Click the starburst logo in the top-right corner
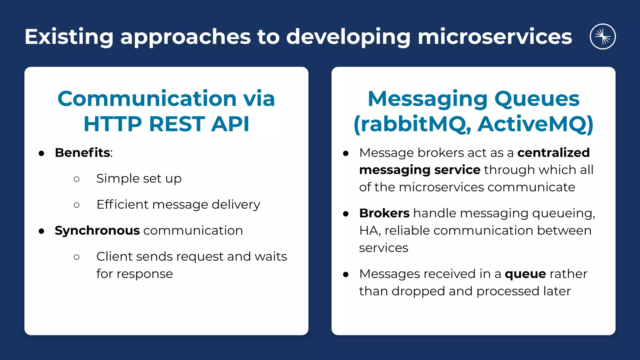tap(602, 37)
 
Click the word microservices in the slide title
tap(494, 37)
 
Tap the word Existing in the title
tap(69, 37)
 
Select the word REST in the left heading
tap(177, 124)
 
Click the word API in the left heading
tap(230, 124)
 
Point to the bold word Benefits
tap(82, 153)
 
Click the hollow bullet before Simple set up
tap(77, 179)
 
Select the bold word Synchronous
tap(97, 231)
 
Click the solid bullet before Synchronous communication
tap(42, 231)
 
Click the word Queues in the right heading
tap(537, 99)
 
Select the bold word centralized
tap(553, 153)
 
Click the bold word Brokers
tap(384, 213)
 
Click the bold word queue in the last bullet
tap(525, 274)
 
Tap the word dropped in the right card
tap(418, 291)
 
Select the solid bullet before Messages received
tap(346, 275)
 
